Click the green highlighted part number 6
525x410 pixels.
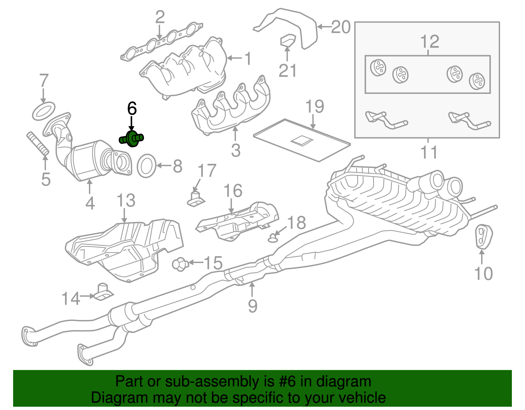(x=132, y=139)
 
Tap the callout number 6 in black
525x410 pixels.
(x=132, y=109)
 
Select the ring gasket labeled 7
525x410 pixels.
(x=44, y=111)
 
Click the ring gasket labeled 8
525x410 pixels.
(x=146, y=166)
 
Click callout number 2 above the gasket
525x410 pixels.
(x=160, y=18)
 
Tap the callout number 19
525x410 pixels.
(x=314, y=107)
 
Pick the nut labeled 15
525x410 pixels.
(x=180, y=264)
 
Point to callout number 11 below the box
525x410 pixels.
(x=429, y=152)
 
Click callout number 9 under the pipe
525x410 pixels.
(x=252, y=305)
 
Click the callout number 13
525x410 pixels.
(x=126, y=201)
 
